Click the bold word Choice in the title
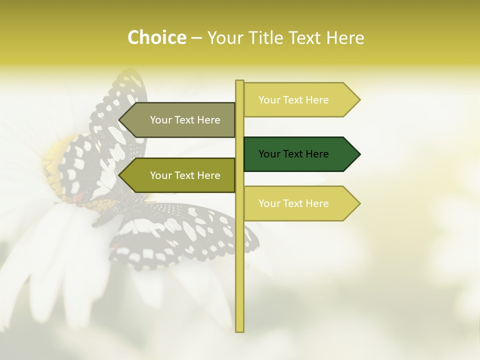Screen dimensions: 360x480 [x=156, y=37]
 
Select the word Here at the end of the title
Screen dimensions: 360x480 [x=345, y=37]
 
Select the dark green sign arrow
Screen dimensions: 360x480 [x=300, y=154]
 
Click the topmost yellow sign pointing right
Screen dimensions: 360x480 [x=300, y=99]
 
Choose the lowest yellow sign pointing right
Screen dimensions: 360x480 [x=300, y=203]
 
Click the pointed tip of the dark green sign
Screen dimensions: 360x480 [x=358, y=154]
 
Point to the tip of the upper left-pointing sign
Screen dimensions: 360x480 [x=120, y=120]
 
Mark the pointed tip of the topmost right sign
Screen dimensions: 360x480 [x=358, y=99]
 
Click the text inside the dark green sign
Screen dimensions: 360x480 [x=293, y=154]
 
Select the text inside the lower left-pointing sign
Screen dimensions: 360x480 [x=185, y=175]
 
